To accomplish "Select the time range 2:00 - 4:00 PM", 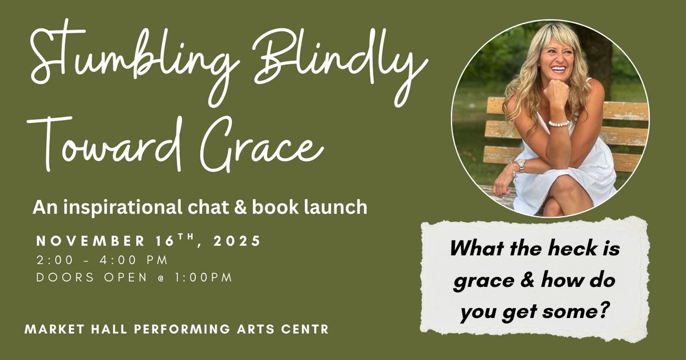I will [x=102, y=260].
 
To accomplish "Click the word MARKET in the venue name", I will [x=53, y=329].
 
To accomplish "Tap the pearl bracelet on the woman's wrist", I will [x=559, y=123].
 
